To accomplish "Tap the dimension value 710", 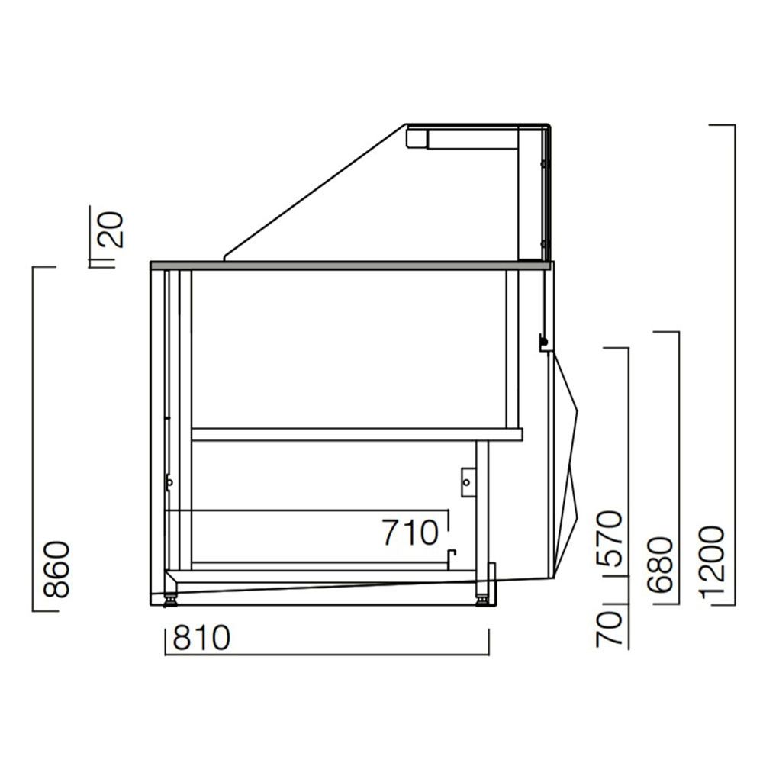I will click(x=411, y=533).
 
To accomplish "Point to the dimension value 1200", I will click(x=710, y=561).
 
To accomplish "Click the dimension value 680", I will click(x=661, y=565).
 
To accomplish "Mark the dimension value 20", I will click(x=112, y=229).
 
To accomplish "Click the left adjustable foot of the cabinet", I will click(x=170, y=598).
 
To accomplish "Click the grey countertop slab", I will click(x=351, y=266).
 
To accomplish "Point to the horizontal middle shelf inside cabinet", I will click(x=356, y=434).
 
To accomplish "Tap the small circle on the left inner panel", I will click(x=169, y=481).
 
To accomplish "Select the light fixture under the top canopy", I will click(x=462, y=138).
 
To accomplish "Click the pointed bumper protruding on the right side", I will click(x=568, y=458).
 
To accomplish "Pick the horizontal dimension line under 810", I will click(x=327, y=654).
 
